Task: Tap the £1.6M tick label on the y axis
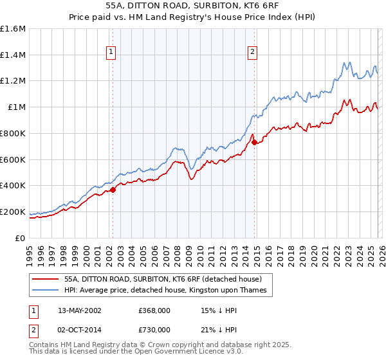(13, 29)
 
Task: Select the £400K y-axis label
(13, 186)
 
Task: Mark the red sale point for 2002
(113, 190)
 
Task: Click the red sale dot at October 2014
(254, 142)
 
